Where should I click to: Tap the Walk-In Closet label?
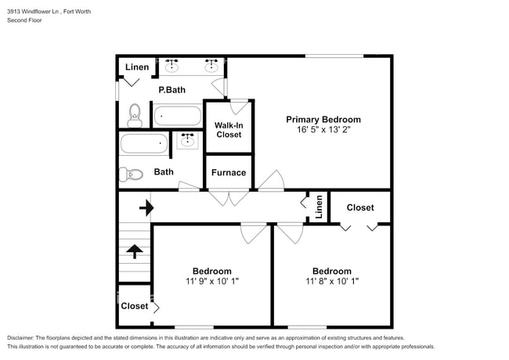click(229, 129)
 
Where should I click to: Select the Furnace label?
click(229, 173)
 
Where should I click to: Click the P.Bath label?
click(171, 90)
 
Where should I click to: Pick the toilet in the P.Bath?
click(134, 116)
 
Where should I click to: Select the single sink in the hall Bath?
click(187, 141)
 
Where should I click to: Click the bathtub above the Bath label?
click(144, 145)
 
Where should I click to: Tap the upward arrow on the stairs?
click(134, 251)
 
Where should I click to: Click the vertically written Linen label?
click(319, 207)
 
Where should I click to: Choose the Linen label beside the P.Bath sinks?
click(137, 67)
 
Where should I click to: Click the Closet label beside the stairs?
click(134, 306)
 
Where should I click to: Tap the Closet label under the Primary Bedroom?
click(359, 207)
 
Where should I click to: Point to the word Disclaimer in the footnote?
click(24, 337)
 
